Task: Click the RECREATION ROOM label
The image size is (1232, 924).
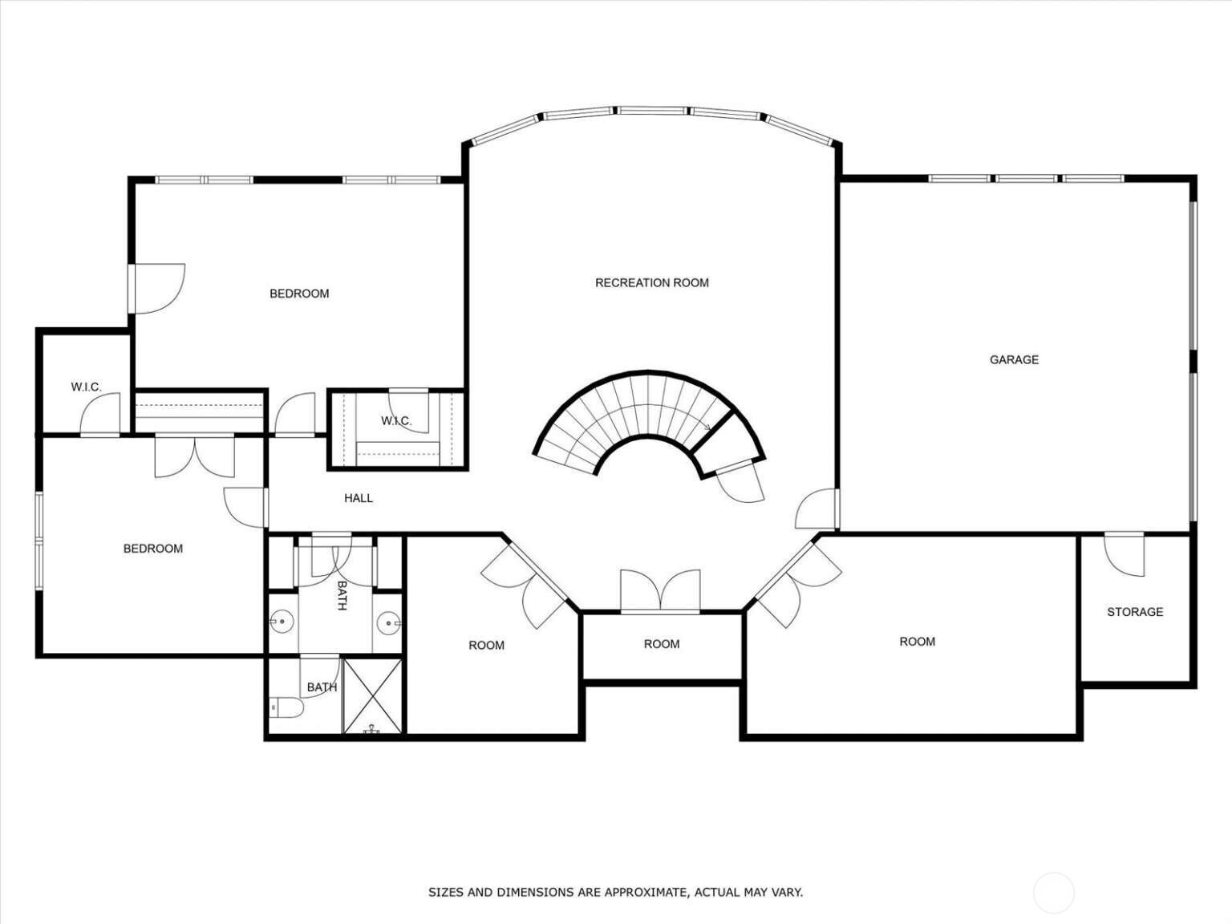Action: click(x=651, y=283)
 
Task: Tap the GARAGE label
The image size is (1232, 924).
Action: click(x=1014, y=359)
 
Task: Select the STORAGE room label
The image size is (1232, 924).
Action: click(x=1135, y=612)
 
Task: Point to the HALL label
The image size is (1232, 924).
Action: click(x=358, y=498)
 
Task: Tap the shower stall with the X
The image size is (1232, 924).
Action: click(x=372, y=696)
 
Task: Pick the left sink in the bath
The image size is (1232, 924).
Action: click(x=282, y=621)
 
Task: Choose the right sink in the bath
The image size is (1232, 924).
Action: click(x=388, y=622)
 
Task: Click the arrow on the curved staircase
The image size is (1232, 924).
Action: click(x=707, y=427)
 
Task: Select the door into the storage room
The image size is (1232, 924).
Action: click(x=1125, y=554)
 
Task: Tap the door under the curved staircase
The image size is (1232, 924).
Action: click(x=740, y=481)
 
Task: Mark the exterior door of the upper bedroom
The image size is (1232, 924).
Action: click(x=156, y=289)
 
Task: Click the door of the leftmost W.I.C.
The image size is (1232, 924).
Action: click(x=100, y=414)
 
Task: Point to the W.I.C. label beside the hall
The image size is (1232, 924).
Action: click(x=396, y=421)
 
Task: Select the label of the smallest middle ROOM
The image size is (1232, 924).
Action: click(x=662, y=644)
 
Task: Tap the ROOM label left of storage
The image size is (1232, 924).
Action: click(x=917, y=642)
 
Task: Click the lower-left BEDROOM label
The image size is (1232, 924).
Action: click(x=153, y=549)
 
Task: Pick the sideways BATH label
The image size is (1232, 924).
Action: click(x=342, y=595)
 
